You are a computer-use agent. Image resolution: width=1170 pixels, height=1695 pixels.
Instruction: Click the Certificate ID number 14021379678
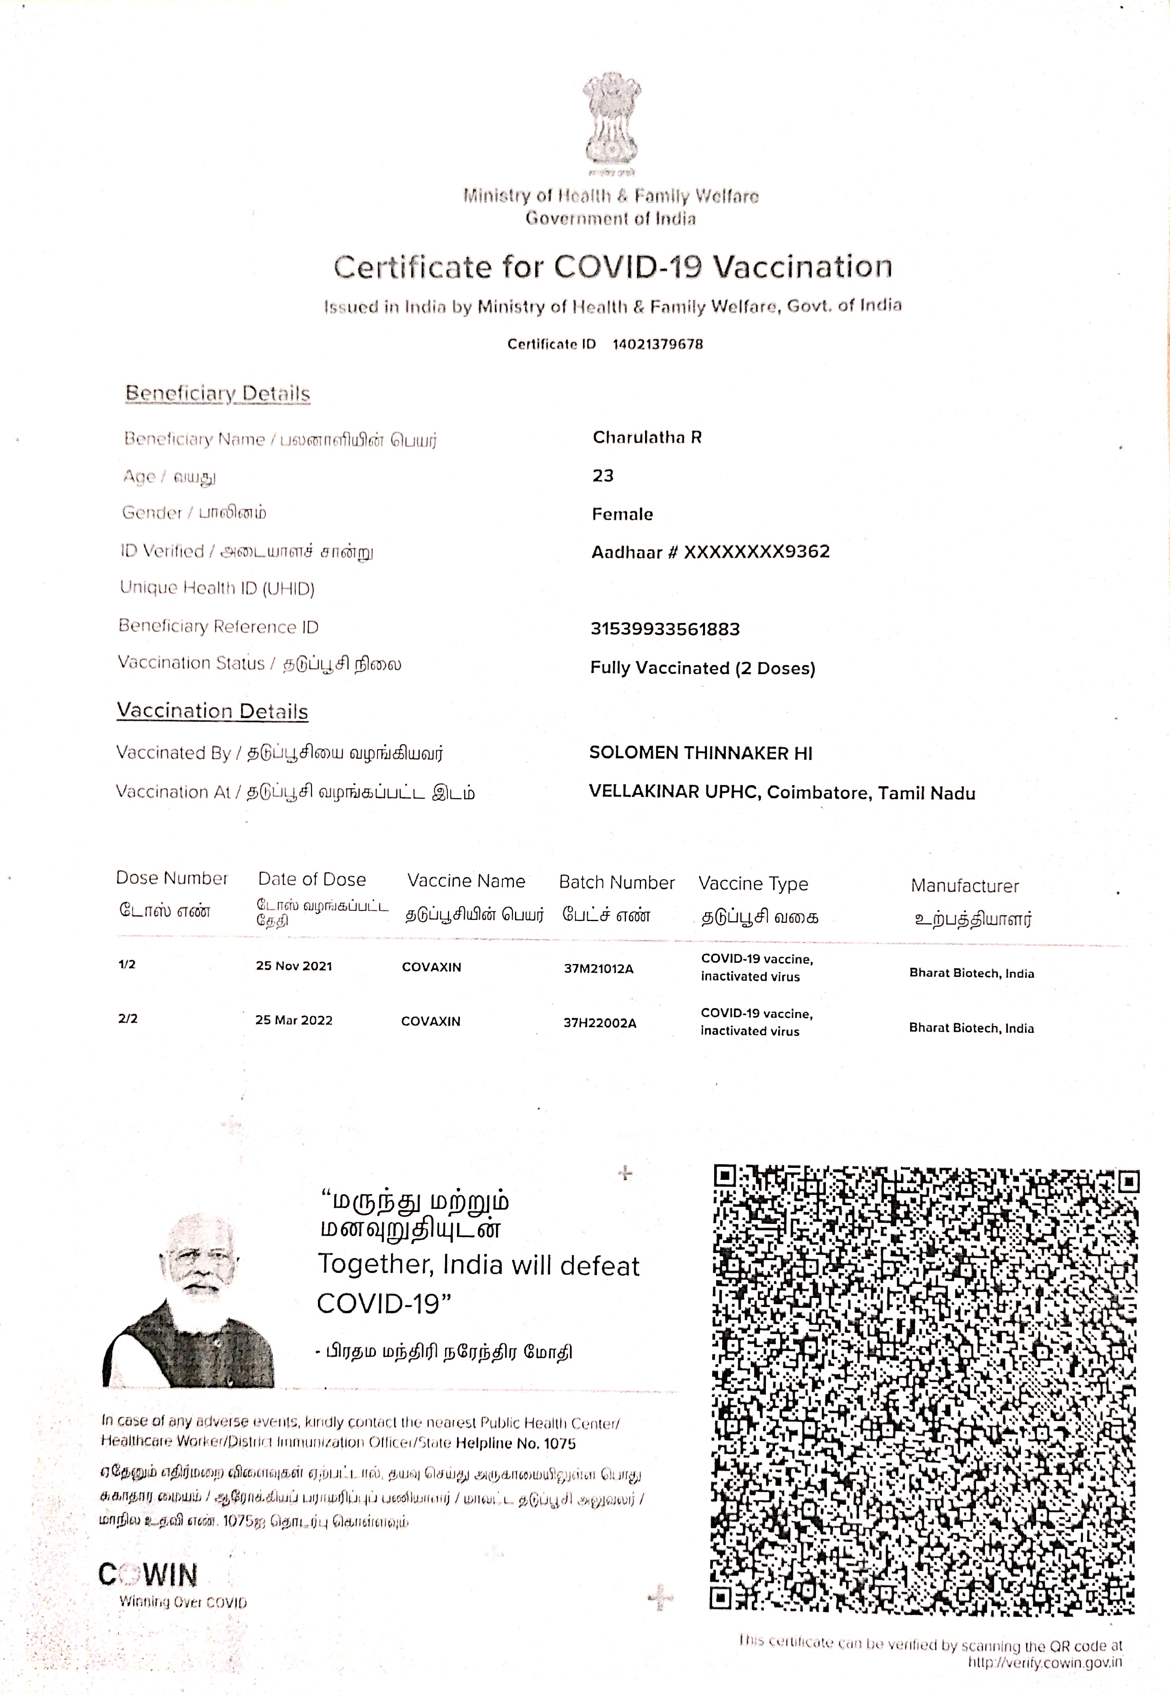click(658, 344)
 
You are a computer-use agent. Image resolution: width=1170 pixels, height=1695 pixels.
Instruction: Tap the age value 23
click(602, 475)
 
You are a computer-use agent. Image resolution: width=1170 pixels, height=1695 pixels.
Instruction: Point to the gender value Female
click(622, 514)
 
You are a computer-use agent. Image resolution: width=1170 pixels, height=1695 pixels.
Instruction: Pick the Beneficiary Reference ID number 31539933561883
click(665, 628)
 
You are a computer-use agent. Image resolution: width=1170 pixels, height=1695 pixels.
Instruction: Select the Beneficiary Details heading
click(218, 393)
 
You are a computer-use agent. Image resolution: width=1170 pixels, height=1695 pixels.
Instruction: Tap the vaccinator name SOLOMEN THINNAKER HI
click(700, 753)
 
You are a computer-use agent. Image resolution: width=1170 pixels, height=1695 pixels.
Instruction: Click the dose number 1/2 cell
click(127, 964)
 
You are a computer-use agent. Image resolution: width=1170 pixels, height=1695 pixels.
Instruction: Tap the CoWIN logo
click(148, 1574)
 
